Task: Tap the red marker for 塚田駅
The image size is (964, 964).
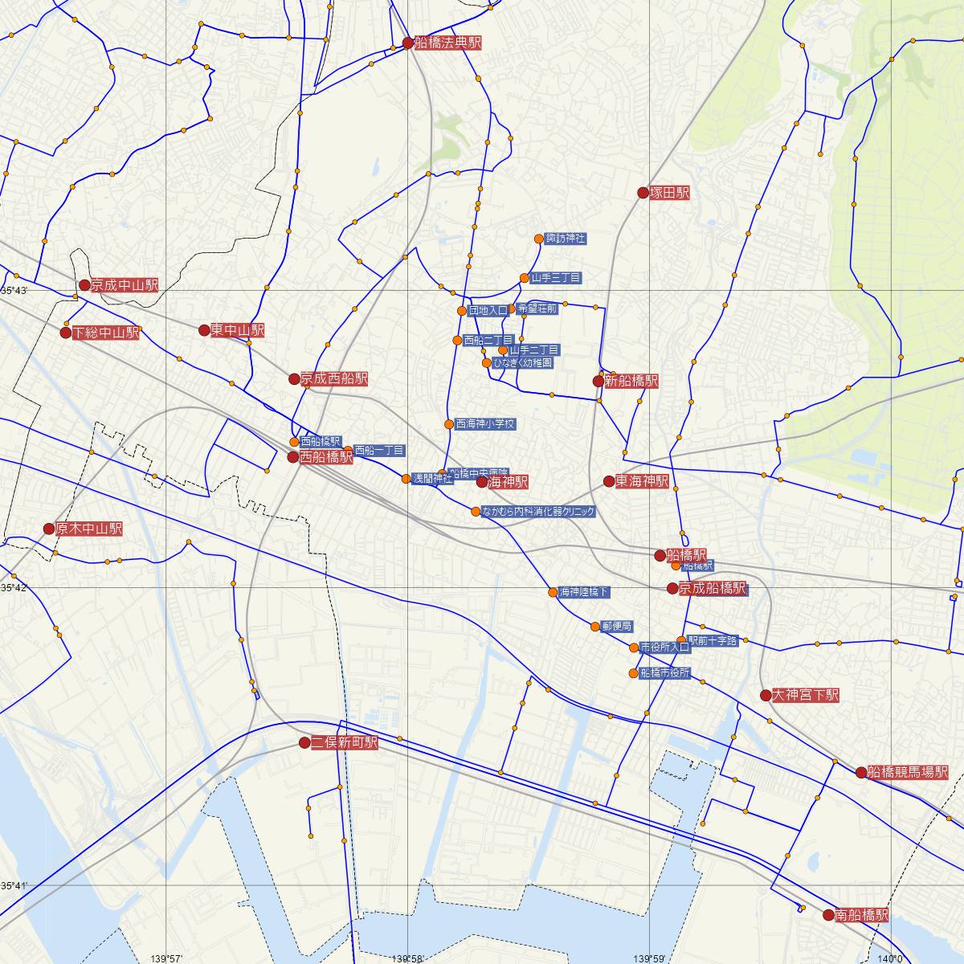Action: [x=643, y=193]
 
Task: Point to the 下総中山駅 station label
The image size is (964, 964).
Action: [x=105, y=333]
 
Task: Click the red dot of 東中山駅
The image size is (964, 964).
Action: [x=204, y=330]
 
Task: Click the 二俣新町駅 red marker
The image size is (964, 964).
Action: [x=304, y=743]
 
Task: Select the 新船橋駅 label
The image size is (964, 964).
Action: [x=631, y=381]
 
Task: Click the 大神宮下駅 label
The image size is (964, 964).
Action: [x=805, y=695]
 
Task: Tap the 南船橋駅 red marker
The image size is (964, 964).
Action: [x=829, y=915]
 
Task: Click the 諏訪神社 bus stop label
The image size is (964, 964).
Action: [x=566, y=239]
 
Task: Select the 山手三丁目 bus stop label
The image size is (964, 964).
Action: [x=555, y=278]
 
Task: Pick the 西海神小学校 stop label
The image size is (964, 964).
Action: [x=484, y=423]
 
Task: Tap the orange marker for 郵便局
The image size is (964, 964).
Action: [x=595, y=627]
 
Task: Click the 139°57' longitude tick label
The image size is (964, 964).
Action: [x=166, y=958]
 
